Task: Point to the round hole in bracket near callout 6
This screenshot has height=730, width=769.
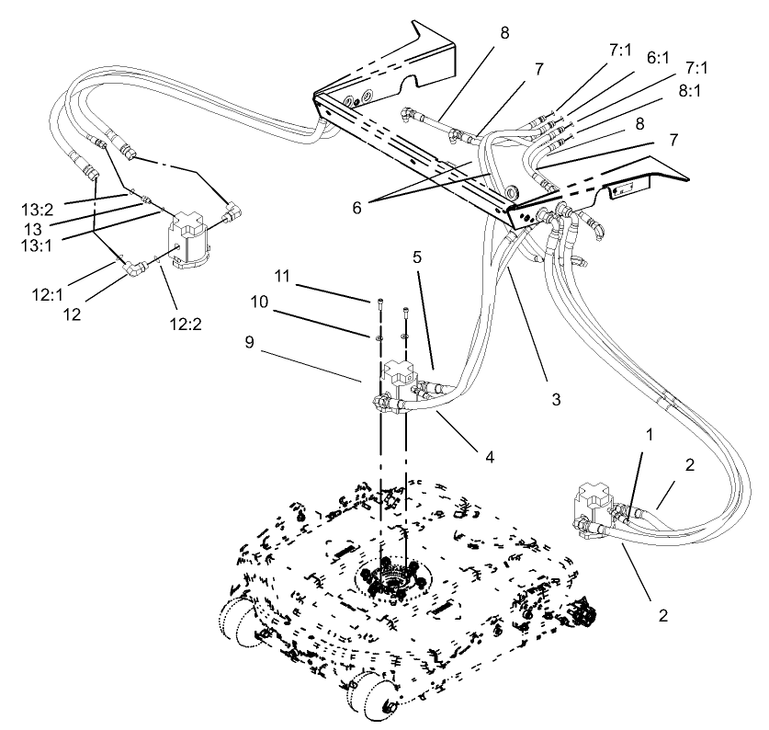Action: (510, 194)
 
